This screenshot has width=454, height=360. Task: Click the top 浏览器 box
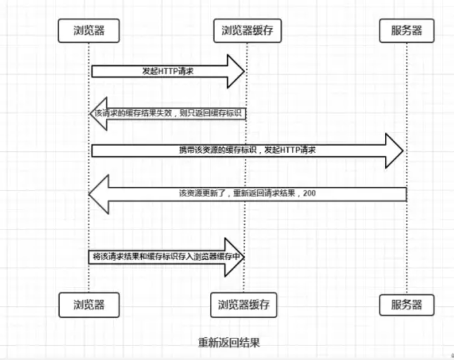pyautogui.click(x=89, y=30)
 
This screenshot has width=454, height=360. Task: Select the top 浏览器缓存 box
pyautogui.click(x=247, y=30)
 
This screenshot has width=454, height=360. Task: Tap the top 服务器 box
pyautogui.click(x=406, y=30)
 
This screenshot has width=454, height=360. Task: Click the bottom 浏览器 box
pyautogui.click(x=89, y=305)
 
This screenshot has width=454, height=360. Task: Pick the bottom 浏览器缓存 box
pyautogui.click(x=244, y=305)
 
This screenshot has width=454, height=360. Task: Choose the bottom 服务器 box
pyautogui.click(x=406, y=305)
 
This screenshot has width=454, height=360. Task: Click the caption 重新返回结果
pyautogui.click(x=229, y=343)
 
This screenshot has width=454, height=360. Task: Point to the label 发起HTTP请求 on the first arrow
pyautogui.click(x=168, y=71)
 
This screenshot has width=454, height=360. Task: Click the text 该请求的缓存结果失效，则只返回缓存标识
pyautogui.click(x=168, y=113)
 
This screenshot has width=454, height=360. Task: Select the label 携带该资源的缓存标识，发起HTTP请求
pyautogui.click(x=247, y=150)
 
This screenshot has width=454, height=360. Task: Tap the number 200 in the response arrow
pyautogui.click(x=309, y=193)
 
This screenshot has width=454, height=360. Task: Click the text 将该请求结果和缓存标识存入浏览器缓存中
pyautogui.click(x=167, y=256)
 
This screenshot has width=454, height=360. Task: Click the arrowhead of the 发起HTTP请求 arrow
pyautogui.click(x=236, y=71)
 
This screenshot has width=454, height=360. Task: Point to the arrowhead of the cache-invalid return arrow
pyautogui.click(x=99, y=114)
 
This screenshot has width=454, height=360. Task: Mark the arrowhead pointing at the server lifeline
pyautogui.click(x=394, y=151)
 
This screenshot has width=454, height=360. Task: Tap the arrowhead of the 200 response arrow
pyautogui.click(x=99, y=194)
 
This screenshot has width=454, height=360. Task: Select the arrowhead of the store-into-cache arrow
pyautogui.click(x=235, y=257)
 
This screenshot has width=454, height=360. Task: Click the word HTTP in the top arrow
pyautogui.click(x=169, y=71)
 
